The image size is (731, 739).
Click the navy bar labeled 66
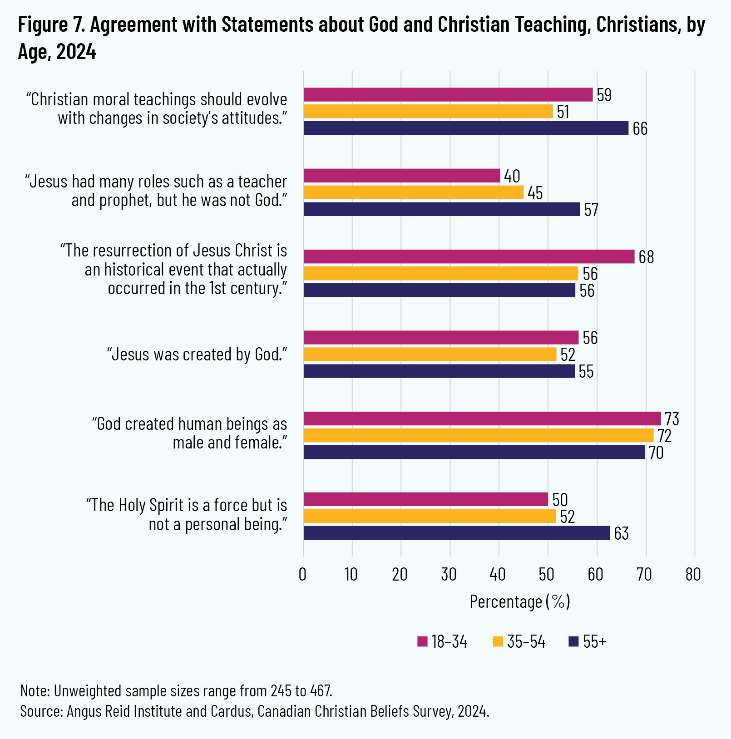pos(466,128)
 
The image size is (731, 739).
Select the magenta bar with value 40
pos(402,176)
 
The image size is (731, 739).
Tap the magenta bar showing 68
pos(469,256)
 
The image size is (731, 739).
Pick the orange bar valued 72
pos(478,435)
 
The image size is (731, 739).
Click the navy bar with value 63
pos(456,533)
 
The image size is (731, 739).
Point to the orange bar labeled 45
pos(413,192)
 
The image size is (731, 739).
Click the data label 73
pos(672,419)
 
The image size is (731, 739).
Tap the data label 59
pos(604,95)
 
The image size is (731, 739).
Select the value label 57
pos(591,210)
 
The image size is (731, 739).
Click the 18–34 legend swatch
pos(422,641)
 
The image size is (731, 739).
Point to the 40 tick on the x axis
pos(498,575)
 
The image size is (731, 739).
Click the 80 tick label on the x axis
pos(693,575)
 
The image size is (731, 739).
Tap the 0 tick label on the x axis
pos(303,575)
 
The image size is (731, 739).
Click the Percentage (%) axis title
pos(519,601)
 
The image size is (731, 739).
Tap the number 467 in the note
pos(321,691)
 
